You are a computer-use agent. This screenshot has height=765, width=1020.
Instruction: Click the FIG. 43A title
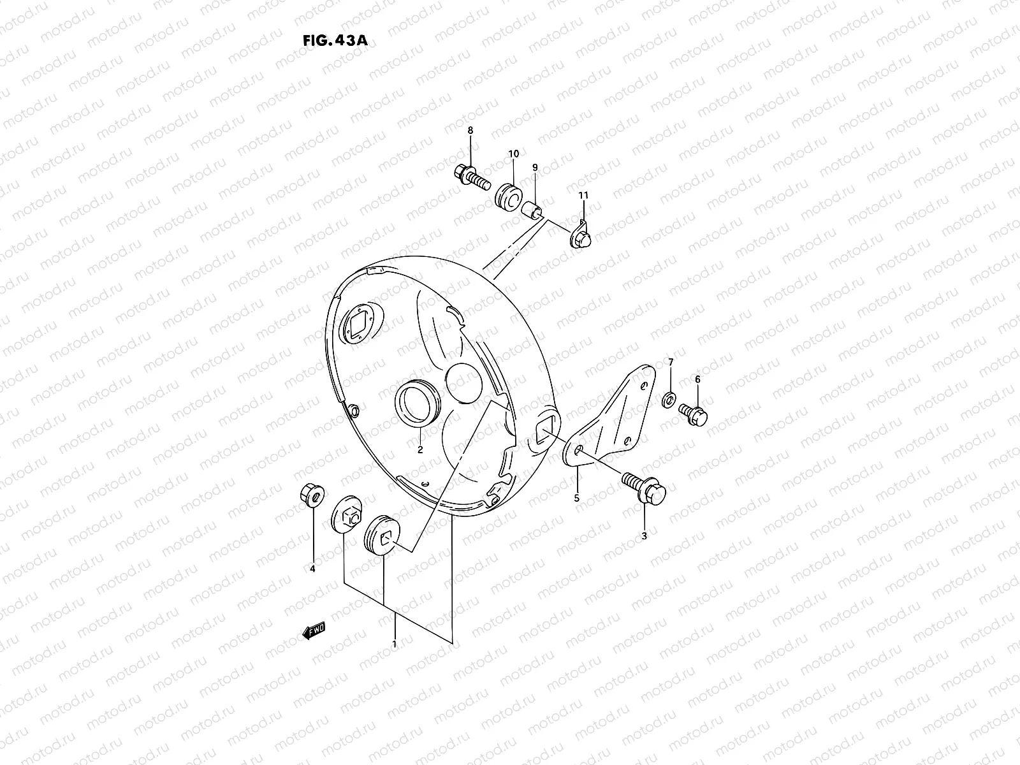[335, 40]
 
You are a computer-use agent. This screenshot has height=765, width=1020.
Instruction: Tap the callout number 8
[470, 131]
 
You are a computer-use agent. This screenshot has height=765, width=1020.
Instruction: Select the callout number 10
[513, 154]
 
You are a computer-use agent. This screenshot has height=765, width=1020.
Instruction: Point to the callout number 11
[583, 194]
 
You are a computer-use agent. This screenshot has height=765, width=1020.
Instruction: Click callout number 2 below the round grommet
[420, 449]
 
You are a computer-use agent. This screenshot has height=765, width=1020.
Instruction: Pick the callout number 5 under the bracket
[576, 498]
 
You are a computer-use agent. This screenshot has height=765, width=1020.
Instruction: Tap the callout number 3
[644, 536]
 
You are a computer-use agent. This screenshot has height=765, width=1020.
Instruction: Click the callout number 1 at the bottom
[395, 644]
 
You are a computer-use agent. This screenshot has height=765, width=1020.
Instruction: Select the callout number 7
[670, 363]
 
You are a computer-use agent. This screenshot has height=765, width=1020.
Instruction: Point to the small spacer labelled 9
[532, 210]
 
